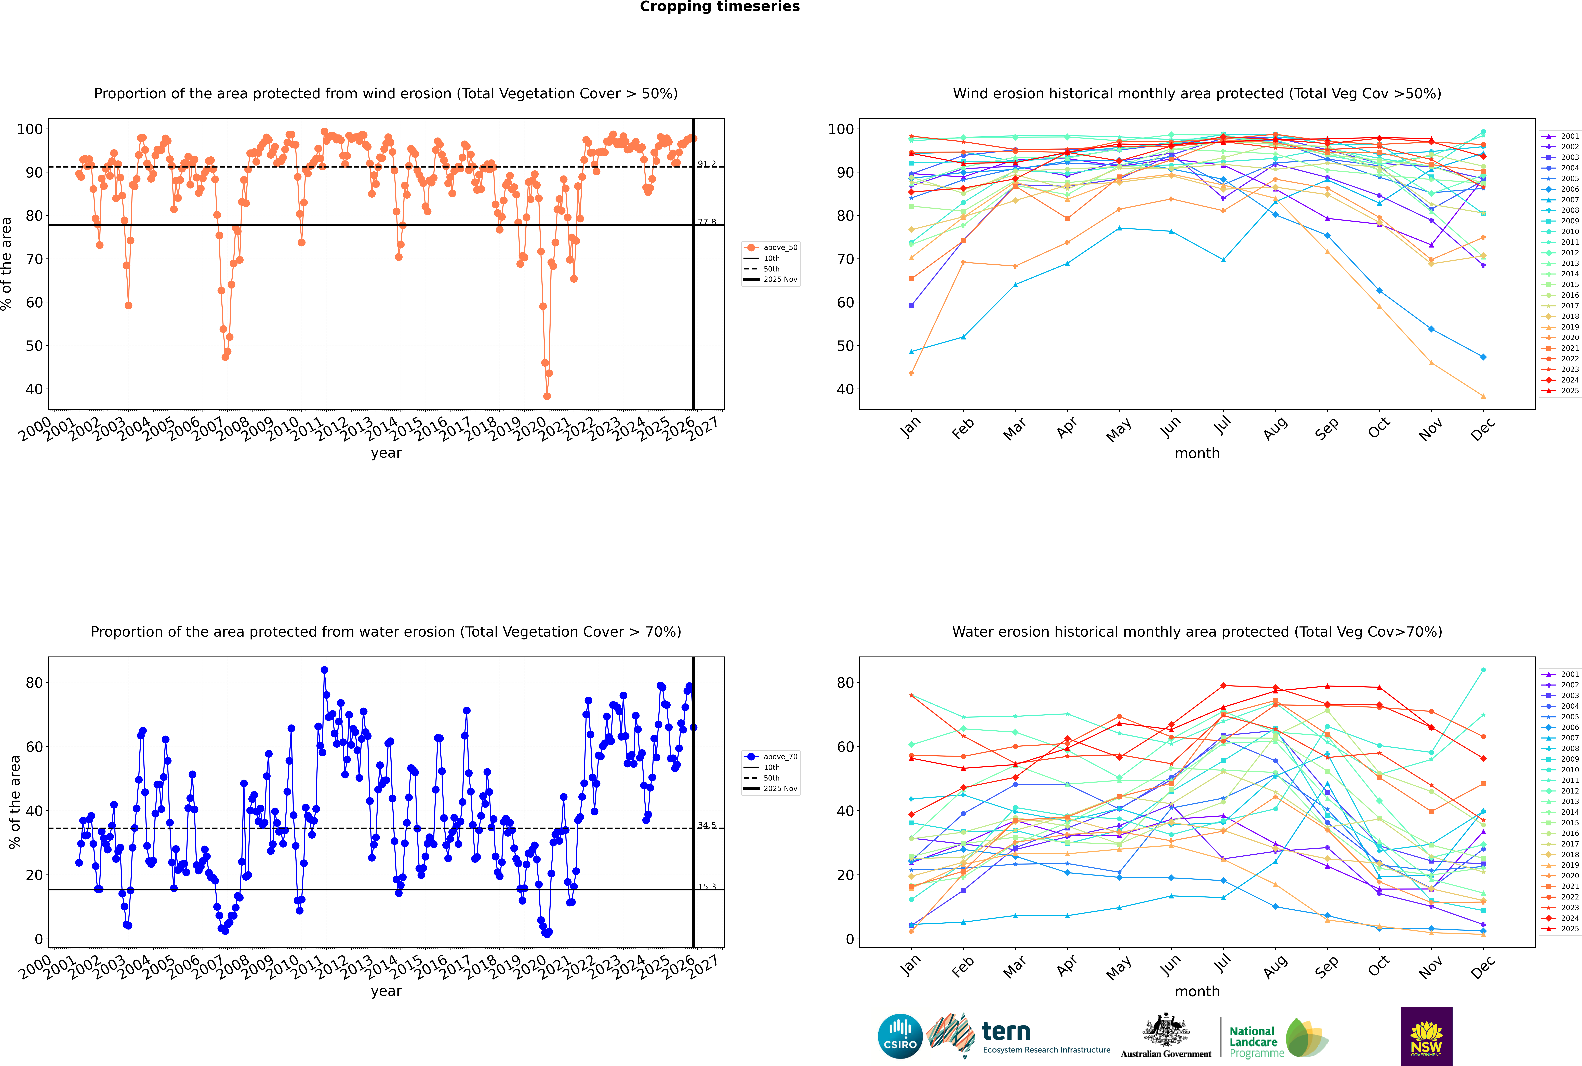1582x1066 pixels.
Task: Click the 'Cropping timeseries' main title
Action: tap(720, 7)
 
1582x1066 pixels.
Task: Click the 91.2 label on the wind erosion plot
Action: tap(706, 164)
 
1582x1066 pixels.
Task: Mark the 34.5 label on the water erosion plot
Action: tap(706, 825)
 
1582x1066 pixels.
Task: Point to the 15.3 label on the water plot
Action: tap(706, 886)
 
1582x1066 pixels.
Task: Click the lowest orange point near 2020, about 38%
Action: tap(547, 396)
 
